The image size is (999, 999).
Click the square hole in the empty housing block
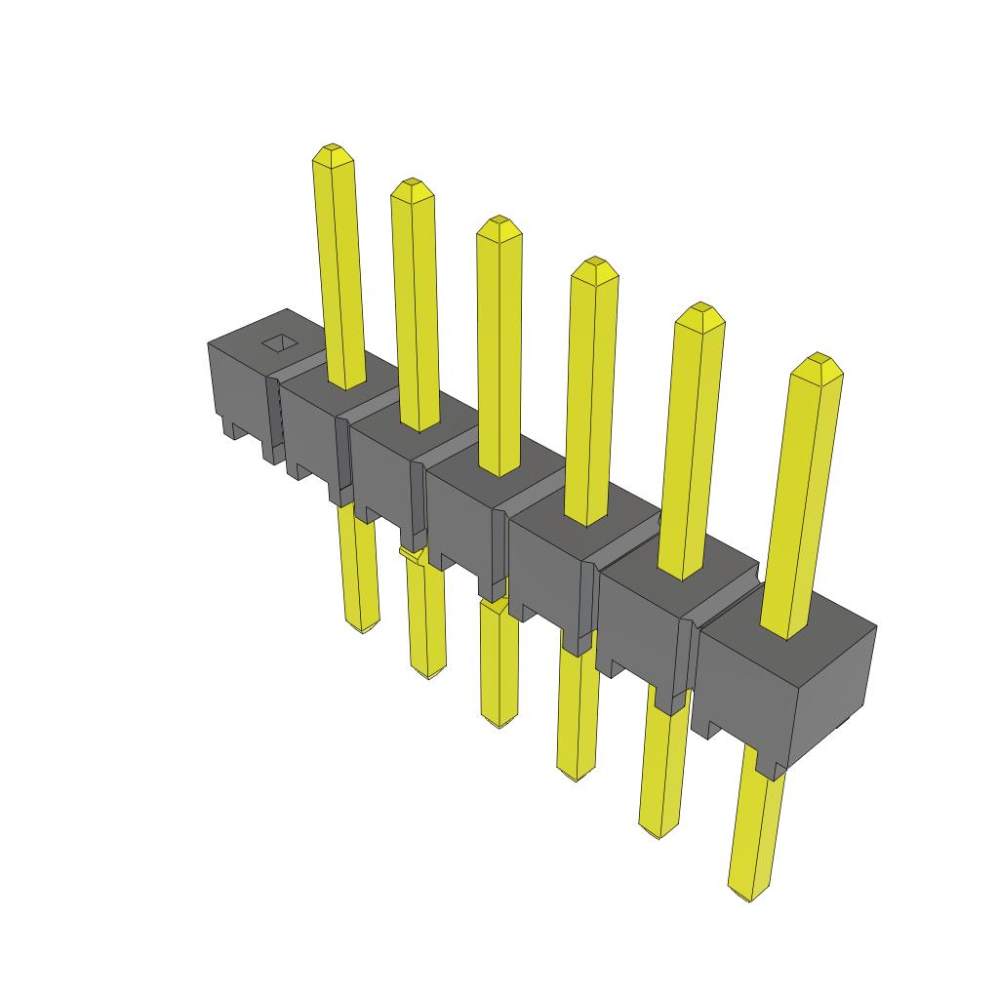(279, 342)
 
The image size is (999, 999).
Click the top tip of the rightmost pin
(818, 360)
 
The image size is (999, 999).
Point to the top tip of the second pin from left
(411, 185)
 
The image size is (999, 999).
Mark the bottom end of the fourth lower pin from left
(574, 775)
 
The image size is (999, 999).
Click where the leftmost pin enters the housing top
(346, 382)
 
